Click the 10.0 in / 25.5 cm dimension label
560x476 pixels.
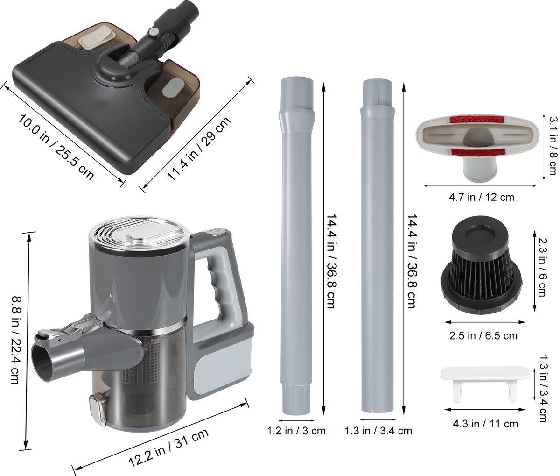tap(56, 147)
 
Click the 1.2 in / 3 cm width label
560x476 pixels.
tap(296, 431)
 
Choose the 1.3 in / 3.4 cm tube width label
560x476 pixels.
tap(378, 431)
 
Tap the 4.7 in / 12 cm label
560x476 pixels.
tap(482, 197)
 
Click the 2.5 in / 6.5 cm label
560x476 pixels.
tap(483, 336)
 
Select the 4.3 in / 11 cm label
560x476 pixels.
tap(485, 424)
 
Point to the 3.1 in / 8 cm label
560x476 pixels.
tap(553, 146)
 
